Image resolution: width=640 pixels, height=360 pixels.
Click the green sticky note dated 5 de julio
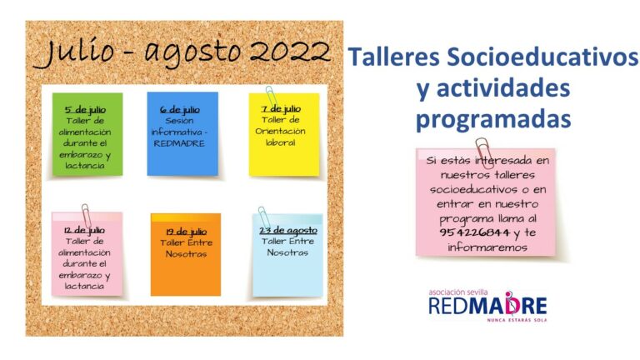87,134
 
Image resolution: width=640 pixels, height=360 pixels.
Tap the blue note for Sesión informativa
182,133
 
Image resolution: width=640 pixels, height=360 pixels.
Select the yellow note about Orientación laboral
284,135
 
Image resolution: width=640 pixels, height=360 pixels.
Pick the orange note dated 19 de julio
186,254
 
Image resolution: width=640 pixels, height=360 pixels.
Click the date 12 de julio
84,230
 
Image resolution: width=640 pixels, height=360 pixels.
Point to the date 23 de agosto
288,231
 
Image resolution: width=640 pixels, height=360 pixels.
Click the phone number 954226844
475,232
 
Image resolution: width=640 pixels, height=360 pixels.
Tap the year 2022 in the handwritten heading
289,52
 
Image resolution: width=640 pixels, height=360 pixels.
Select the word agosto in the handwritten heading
192,53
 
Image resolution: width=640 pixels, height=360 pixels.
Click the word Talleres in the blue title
393,57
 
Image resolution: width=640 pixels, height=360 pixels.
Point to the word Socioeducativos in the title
542,57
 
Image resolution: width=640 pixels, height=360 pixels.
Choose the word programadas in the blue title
493,120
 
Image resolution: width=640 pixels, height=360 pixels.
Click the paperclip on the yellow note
271,97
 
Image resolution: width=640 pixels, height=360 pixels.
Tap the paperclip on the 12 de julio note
86,215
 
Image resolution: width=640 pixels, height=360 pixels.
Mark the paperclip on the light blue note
263,217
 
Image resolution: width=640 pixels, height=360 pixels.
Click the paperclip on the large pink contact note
484,152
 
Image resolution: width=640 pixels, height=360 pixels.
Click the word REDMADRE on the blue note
179,143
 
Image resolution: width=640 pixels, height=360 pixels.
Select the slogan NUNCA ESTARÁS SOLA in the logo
517,320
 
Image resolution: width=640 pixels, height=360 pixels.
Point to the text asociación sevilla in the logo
458,292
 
